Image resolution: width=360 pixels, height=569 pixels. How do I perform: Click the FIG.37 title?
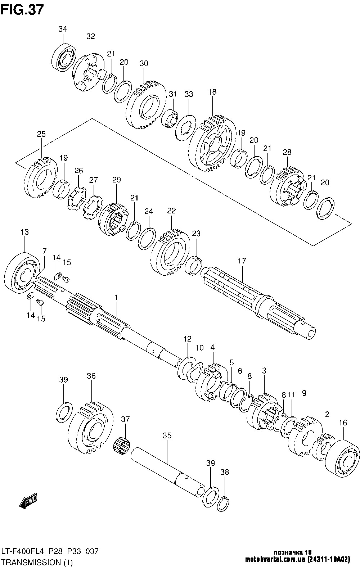pyautogui.click(x=23, y=10)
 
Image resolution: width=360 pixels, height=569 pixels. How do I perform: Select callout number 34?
pyautogui.click(x=63, y=29)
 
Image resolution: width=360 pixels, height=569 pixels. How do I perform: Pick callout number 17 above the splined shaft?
pyautogui.click(x=242, y=261)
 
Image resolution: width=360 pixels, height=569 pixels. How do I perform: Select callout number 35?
pyautogui.click(x=167, y=435)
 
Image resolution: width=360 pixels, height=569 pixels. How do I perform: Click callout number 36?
pyautogui.click(x=91, y=376)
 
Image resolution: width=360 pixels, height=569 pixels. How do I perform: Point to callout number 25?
pyautogui.click(x=41, y=134)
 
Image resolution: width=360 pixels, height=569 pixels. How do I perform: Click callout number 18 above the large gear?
pyautogui.click(x=212, y=92)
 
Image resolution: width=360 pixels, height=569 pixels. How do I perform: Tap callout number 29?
pyautogui.click(x=117, y=180)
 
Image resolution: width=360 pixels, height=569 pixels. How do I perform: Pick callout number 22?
pyautogui.click(x=171, y=211)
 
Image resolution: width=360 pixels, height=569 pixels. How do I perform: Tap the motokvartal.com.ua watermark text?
pyautogui.click(x=275, y=560)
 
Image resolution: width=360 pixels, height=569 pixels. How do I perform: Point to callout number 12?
pyautogui.click(x=188, y=339)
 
